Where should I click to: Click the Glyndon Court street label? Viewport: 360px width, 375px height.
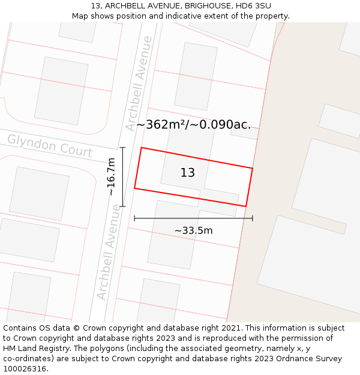point(49,146)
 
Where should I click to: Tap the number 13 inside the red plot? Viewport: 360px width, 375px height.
point(188,173)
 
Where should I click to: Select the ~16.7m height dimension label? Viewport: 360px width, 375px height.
point(112,176)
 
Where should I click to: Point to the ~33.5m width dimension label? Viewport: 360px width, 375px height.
point(193,230)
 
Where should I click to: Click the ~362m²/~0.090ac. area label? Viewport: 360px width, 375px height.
point(193,125)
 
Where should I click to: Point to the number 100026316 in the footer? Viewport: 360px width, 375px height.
point(25,369)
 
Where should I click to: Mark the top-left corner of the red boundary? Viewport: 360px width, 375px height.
point(141,148)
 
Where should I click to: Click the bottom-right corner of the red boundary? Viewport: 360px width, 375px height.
point(246,206)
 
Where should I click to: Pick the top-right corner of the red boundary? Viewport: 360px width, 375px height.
point(253,168)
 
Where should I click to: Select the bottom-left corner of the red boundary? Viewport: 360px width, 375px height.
point(134,188)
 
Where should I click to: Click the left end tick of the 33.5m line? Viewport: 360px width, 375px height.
point(134,218)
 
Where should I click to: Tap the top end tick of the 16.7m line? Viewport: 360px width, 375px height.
point(122,148)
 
